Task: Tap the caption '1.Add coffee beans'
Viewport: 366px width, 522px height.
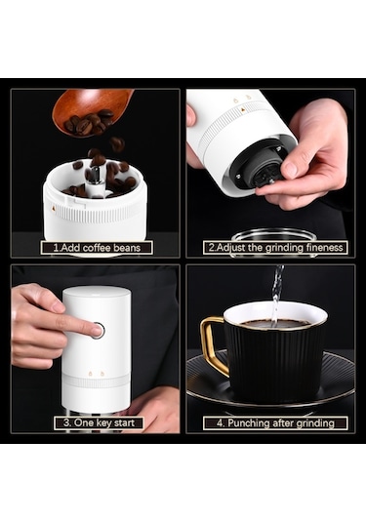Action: tap(97, 248)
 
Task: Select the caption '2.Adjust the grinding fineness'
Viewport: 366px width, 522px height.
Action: tap(275, 248)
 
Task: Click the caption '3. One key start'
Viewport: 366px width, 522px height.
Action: tap(99, 422)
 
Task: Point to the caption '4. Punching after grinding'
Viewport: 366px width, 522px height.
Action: tap(275, 423)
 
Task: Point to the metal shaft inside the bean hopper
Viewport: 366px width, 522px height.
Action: tap(96, 176)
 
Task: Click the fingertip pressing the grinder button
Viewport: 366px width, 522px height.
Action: tap(97, 330)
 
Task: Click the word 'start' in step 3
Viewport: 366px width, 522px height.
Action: tap(124, 423)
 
